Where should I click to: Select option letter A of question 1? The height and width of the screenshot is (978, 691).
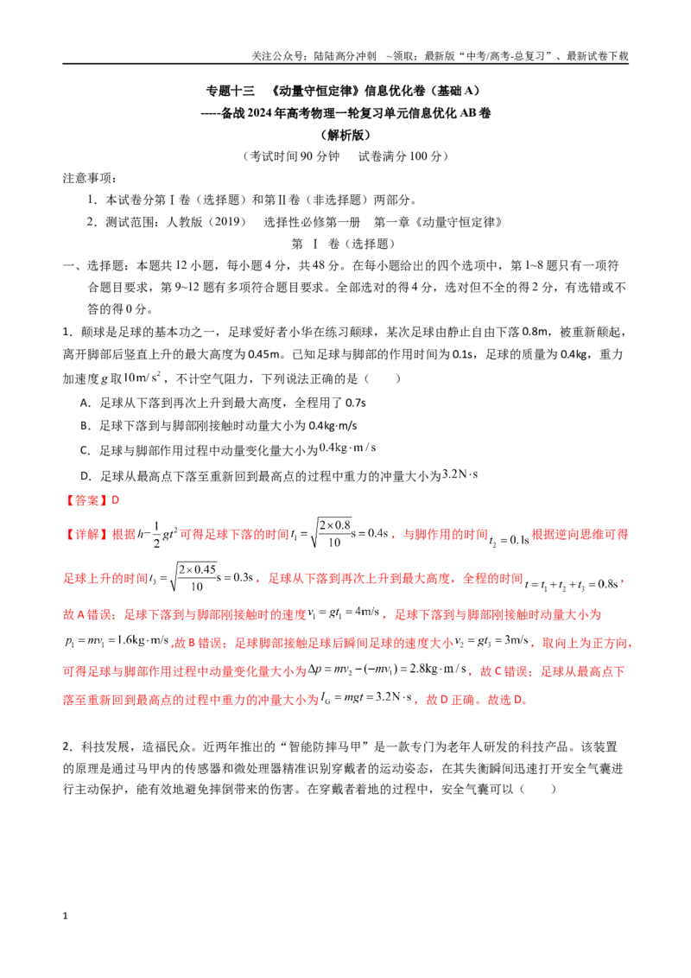pos(85,403)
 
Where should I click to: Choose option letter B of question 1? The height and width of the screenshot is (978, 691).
pos(85,426)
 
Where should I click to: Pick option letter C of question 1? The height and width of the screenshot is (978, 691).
pos(85,450)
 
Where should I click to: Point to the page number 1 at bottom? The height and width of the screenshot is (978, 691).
pos(65,916)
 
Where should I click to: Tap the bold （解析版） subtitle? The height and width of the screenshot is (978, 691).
pos(345,135)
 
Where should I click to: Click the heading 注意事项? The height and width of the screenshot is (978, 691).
pos(90,178)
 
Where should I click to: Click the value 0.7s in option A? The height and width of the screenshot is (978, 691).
pos(356,403)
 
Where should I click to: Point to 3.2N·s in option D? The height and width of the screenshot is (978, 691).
pos(460,474)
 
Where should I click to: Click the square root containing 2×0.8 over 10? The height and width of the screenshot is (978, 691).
pos(331,533)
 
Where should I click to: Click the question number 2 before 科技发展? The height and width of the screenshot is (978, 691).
pos(66,746)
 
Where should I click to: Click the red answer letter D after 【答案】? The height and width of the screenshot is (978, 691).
pos(115,500)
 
